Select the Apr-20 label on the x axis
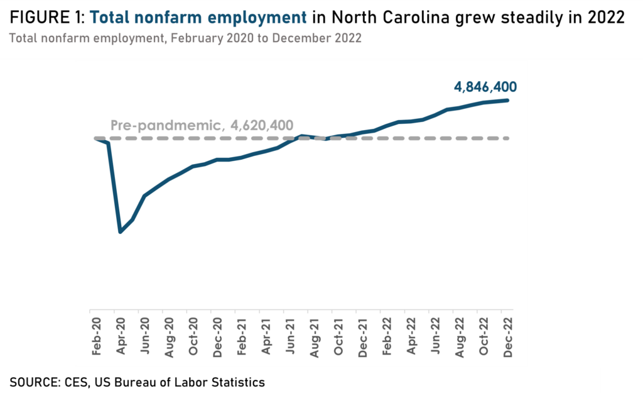(x=121, y=338)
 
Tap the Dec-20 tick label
(x=217, y=338)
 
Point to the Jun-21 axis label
(x=289, y=338)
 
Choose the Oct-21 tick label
(x=338, y=338)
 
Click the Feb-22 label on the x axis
(x=386, y=338)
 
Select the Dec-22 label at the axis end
(x=507, y=338)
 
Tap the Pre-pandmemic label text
(x=165, y=125)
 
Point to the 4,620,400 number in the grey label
(x=262, y=125)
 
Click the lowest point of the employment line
(x=120, y=232)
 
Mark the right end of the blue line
(x=507, y=100)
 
